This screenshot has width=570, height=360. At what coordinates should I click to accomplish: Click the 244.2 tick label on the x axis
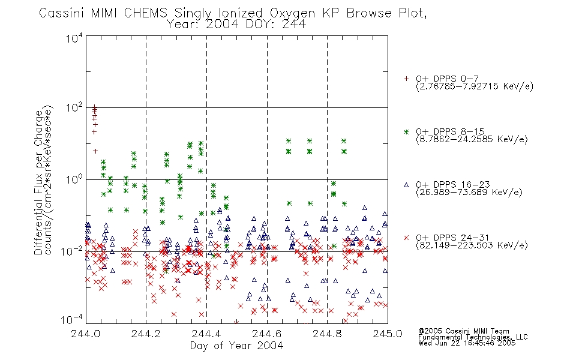[x=146, y=334]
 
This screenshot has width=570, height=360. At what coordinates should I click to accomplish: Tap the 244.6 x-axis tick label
[x=267, y=334]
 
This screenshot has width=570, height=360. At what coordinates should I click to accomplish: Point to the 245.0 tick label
[x=388, y=334]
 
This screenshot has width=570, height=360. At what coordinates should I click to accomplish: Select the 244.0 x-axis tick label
[x=86, y=334]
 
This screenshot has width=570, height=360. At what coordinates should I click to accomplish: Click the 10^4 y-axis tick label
[x=74, y=38]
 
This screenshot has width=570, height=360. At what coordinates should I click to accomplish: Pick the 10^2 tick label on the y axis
[x=74, y=109]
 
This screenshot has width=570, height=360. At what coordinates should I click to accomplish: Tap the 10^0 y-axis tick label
[x=74, y=180]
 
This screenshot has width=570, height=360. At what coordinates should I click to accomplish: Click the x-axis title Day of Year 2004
[x=236, y=346]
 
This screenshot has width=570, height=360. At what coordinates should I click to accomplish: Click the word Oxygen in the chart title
[x=292, y=13]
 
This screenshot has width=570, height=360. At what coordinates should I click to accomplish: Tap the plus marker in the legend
[x=406, y=79]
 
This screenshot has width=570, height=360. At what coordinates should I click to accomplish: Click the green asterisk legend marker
[x=406, y=131]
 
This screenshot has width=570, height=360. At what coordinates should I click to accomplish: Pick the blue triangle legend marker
[x=406, y=185]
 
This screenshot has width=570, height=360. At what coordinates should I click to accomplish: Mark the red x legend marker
[x=406, y=238]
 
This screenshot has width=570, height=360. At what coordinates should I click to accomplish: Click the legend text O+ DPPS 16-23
[x=453, y=184]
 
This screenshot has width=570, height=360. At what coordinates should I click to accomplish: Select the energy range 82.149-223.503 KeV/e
[x=472, y=245]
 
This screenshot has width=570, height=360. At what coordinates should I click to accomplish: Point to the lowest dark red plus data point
[x=95, y=151]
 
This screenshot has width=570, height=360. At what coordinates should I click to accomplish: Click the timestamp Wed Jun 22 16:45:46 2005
[x=467, y=343]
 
